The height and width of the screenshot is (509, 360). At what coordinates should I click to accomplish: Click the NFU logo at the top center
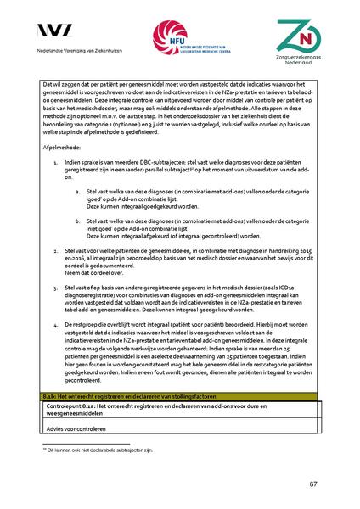coord(180,41)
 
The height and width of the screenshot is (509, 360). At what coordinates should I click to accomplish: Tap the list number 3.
coord(55,287)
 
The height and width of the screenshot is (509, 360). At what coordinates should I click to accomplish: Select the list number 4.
coord(55,323)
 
